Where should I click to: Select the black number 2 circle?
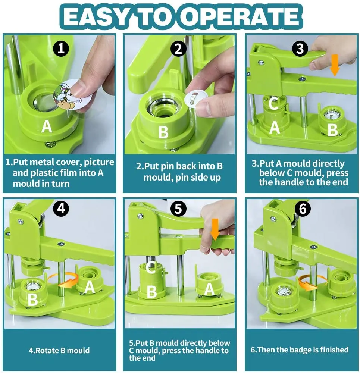pyautogui.click(x=178, y=48)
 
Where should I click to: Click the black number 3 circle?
pyautogui.click(x=300, y=48)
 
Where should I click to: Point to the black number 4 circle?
pyautogui.click(x=61, y=209)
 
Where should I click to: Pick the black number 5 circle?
pyautogui.click(x=178, y=209)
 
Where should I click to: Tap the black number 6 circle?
pyautogui.click(x=303, y=209)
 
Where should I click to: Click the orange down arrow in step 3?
pyautogui.click(x=335, y=65)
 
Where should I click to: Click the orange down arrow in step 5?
pyautogui.click(x=215, y=229)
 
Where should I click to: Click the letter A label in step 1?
pyautogui.click(x=47, y=126)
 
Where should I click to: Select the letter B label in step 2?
pyautogui.click(x=163, y=132)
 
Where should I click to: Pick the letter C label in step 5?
pyautogui.click(x=151, y=267)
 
